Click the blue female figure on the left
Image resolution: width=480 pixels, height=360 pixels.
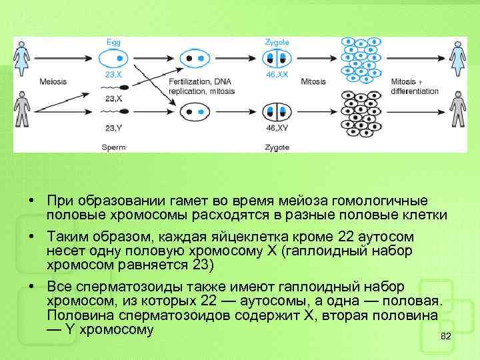coord(22,57)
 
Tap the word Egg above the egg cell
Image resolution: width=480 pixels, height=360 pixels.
coord(114,43)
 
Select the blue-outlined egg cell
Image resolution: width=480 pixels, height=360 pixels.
coord(114,59)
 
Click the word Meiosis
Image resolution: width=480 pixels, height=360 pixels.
coord(53,82)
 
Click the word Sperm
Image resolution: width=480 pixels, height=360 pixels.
coord(114,146)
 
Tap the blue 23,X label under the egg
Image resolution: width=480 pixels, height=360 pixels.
coord(114,75)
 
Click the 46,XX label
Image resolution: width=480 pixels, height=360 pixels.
coord(277,75)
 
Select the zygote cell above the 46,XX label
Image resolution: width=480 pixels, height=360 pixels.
coord(276,59)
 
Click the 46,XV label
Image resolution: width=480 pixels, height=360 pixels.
coord(277,127)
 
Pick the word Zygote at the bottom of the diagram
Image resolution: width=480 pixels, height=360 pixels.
coord(277,146)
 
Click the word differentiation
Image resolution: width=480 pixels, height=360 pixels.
coord(415,91)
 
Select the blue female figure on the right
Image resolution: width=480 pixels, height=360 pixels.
coord(457,57)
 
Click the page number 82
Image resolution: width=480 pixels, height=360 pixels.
coord(447,337)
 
